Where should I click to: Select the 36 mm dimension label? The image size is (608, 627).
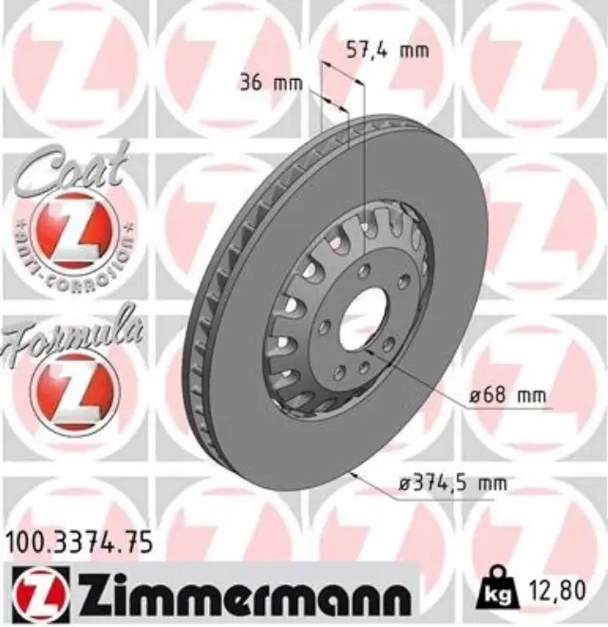click(x=270, y=83)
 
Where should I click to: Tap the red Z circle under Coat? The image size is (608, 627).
click(x=73, y=231)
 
